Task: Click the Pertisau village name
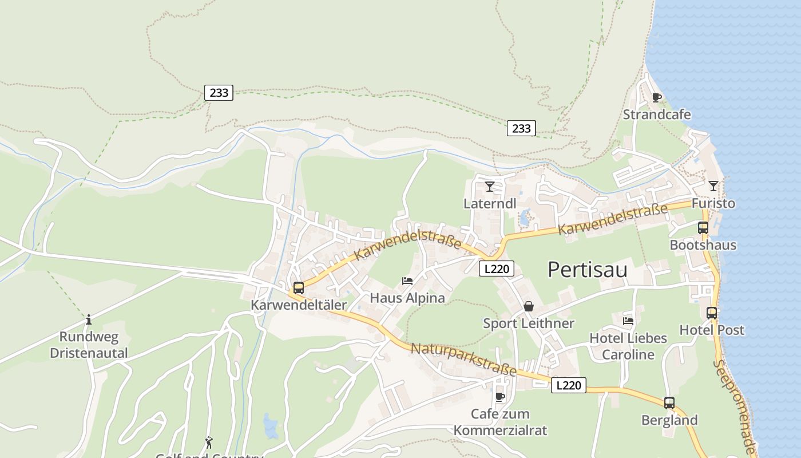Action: [x=587, y=269]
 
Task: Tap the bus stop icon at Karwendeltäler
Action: [x=298, y=288]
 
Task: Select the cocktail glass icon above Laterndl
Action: [x=489, y=187]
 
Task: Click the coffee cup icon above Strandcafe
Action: [x=656, y=97]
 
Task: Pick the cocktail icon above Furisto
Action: [x=713, y=186]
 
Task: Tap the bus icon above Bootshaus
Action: [x=703, y=228]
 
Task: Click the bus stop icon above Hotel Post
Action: [x=711, y=313]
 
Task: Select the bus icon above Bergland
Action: [x=669, y=403]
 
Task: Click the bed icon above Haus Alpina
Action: [x=407, y=281]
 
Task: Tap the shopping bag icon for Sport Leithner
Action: [x=529, y=307]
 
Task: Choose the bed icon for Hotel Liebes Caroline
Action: [x=628, y=321]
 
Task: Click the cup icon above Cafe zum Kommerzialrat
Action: [x=499, y=397]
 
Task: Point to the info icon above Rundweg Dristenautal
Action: [x=89, y=319]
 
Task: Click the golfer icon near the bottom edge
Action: [x=209, y=443]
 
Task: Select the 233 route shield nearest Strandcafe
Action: [x=521, y=128]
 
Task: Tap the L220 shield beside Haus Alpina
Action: [x=497, y=268]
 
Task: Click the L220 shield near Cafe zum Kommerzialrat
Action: [x=568, y=385]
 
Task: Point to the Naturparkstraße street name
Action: [x=463, y=360]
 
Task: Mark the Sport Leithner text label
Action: [x=528, y=323]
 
